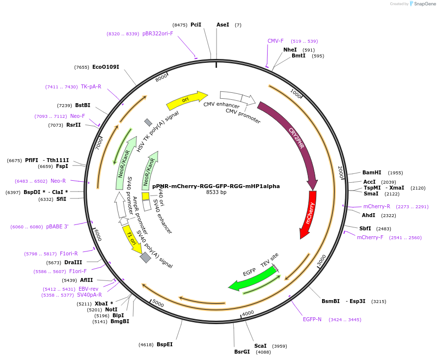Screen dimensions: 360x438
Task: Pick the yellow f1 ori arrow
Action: [x=132, y=238]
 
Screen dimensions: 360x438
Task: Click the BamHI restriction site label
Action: [x=372, y=173]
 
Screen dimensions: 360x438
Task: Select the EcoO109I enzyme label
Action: [x=106, y=67]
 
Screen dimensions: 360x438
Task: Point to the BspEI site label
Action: [x=164, y=345]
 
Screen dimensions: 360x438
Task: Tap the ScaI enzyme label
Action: [x=260, y=346]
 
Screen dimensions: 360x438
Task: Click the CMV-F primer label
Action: [x=275, y=41]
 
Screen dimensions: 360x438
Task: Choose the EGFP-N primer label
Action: [x=312, y=319]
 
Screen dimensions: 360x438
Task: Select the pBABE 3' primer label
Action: [x=57, y=226]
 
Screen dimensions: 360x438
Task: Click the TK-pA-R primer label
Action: [x=91, y=86]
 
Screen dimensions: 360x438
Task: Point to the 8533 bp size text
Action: [x=216, y=193]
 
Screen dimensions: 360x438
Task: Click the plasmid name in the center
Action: [x=216, y=186]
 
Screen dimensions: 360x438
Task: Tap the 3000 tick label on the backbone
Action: [x=322, y=260]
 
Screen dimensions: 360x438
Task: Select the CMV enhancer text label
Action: [x=221, y=105]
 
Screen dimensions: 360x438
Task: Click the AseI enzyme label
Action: [x=223, y=25]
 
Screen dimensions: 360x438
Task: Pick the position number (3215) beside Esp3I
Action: [x=379, y=301]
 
